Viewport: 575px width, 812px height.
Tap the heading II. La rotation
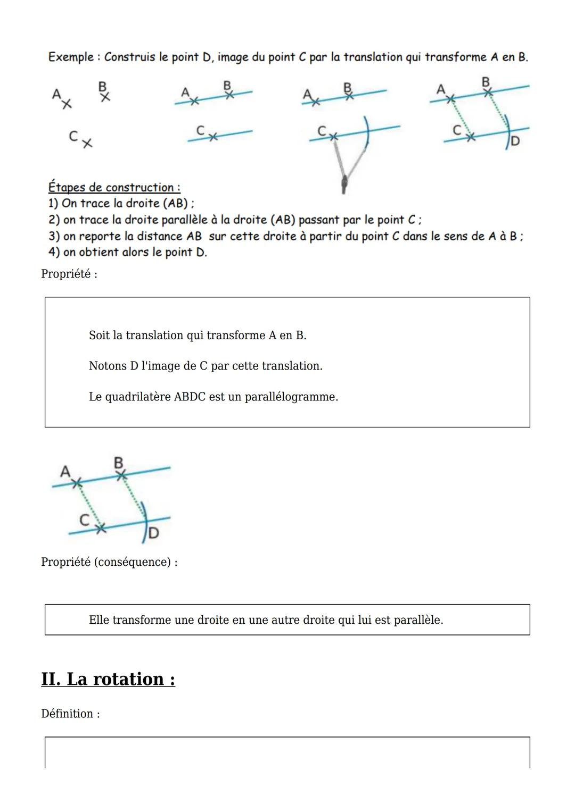tap(108, 679)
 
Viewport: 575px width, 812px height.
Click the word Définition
tap(67, 714)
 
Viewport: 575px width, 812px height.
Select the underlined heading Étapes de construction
tap(114, 187)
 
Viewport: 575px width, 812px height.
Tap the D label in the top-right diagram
tap(515, 141)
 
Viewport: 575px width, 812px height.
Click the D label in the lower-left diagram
tap(153, 533)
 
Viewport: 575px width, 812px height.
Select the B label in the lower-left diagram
tap(119, 462)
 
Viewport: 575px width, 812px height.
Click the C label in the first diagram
tap(73, 136)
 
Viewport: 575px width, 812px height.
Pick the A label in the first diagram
tap(56, 94)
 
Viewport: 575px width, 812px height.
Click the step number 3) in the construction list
tap(54, 236)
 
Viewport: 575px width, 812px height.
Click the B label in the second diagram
tap(227, 85)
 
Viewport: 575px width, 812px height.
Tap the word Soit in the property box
tap(99, 336)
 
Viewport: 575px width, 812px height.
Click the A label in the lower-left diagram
tap(65, 471)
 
